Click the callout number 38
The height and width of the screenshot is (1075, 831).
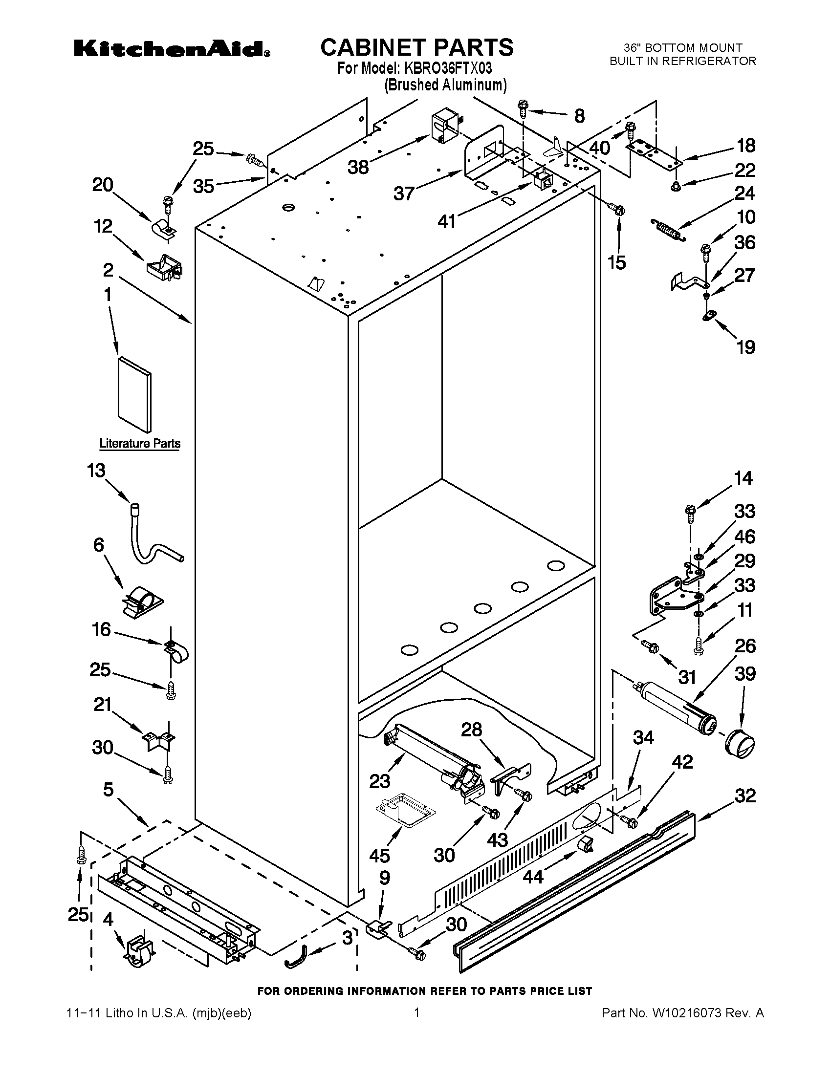pyautogui.click(x=358, y=167)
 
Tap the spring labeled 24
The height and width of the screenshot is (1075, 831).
pyautogui.click(x=669, y=230)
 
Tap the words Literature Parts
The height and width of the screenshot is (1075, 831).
pyautogui.click(x=140, y=444)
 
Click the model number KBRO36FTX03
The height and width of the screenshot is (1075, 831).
pyautogui.click(x=448, y=67)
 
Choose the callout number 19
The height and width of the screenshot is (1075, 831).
pyautogui.click(x=745, y=347)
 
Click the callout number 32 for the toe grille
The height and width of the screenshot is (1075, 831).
pyautogui.click(x=745, y=795)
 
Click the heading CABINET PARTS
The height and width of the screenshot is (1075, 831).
pyautogui.click(x=416, y=47)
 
